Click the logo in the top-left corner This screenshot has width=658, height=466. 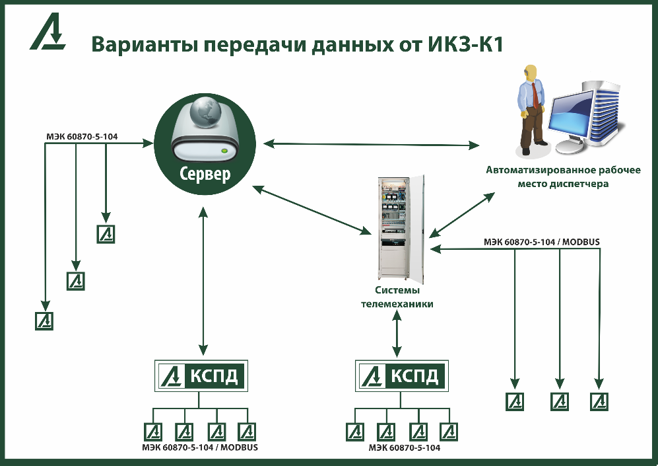[x=47, y=33]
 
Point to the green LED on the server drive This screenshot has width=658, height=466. [x=225, y=151]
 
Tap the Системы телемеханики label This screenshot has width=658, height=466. [x=397, y=297]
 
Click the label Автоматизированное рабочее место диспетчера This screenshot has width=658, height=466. [x=563, y=177]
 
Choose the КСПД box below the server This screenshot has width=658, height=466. [x=200, y=376]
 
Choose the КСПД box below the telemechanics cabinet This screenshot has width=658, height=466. [x=401, y=376]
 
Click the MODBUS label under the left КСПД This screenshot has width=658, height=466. [x=239, y=448]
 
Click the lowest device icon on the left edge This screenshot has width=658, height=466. [x=44, y=321]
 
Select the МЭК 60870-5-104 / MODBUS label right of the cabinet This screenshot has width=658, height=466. [x=541, y=242]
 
